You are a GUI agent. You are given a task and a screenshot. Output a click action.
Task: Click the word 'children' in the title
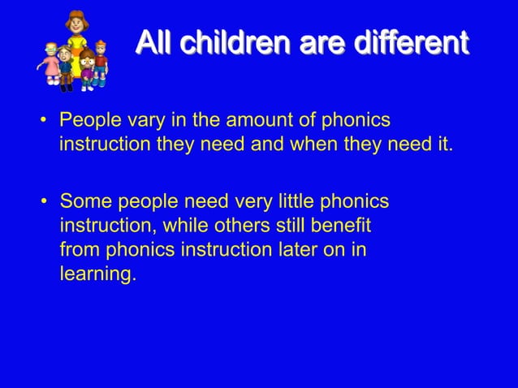[236, 41]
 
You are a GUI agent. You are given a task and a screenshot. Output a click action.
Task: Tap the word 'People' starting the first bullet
[87, 121]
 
